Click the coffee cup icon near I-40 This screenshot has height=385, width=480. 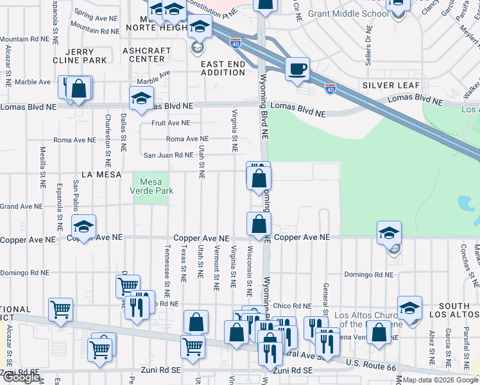(x=297, y=69)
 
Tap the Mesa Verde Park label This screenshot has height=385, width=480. (x=152, y=186)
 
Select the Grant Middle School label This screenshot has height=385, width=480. (x=348, y=13)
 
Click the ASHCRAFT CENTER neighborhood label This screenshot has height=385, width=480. (x=147, y=55)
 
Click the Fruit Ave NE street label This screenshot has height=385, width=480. (x=171, y=123)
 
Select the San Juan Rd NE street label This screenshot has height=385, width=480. (x=167, y=155)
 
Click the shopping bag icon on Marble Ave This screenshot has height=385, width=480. (x=79, y=89)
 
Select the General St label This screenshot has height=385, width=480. (x=327, y=299)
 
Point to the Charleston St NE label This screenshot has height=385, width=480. (x=107, y=137)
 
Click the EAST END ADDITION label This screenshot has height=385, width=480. (x=223, y=68)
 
